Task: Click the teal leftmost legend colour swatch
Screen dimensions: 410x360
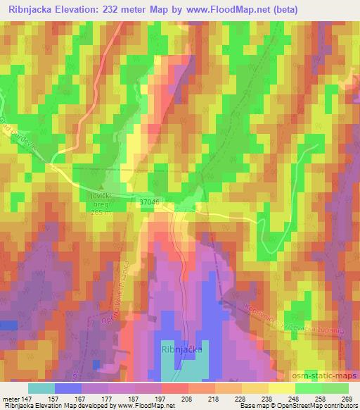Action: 41,388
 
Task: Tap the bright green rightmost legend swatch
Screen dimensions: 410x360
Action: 335,388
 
